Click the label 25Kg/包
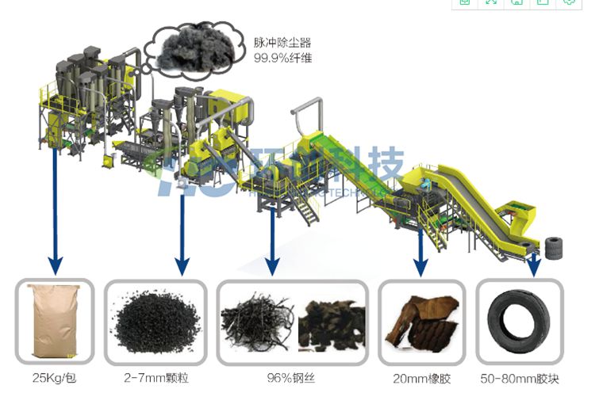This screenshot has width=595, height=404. click(x=54, y=379)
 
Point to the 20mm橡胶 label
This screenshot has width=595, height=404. click(x=421, y=379)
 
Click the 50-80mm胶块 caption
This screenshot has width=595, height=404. click(x=519, y=379)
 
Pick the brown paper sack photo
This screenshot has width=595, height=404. click(x=54, y=320)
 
